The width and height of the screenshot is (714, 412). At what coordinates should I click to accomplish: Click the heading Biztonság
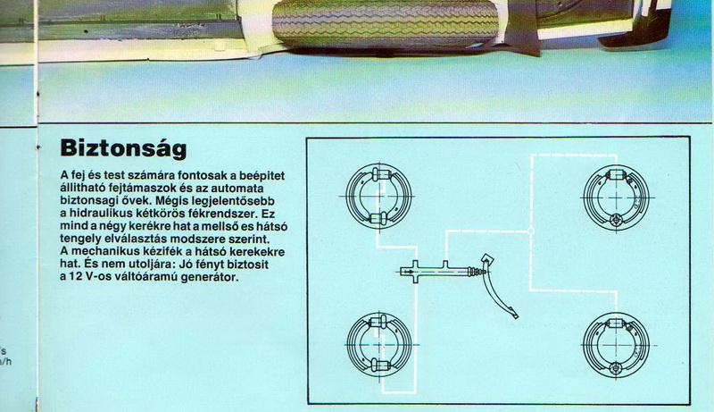(x=123, y=149)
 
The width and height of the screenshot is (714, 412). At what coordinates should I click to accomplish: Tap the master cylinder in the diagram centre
(x=437, y=272)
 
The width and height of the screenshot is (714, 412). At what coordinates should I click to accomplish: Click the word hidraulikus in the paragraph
(x=95, y=214)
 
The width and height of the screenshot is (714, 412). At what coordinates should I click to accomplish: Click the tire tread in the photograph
(x=386, y=21)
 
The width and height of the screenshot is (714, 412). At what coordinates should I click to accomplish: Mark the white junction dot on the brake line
(x=530, y=231)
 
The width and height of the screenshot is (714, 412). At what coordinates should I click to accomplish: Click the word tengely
(x=77, y=239)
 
